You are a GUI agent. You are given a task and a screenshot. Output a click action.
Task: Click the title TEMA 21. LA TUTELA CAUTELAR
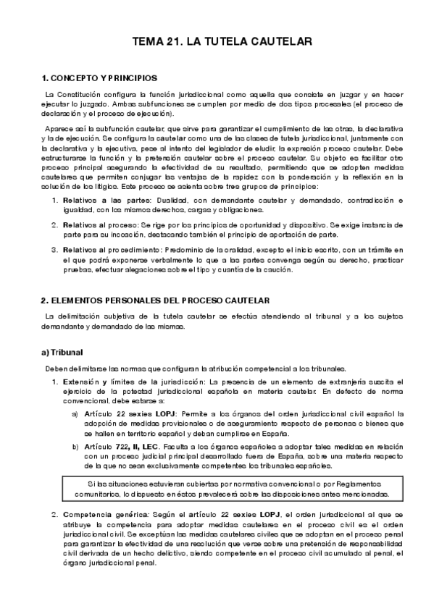point(222,43)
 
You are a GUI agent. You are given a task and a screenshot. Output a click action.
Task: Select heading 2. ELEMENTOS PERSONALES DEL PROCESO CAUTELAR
point(155,300)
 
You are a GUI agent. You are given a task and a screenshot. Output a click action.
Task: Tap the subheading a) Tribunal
point(62,353)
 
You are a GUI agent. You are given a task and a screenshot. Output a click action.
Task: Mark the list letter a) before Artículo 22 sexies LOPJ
point(75,414)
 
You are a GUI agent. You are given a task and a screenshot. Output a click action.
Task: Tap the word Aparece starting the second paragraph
point(59,128)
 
